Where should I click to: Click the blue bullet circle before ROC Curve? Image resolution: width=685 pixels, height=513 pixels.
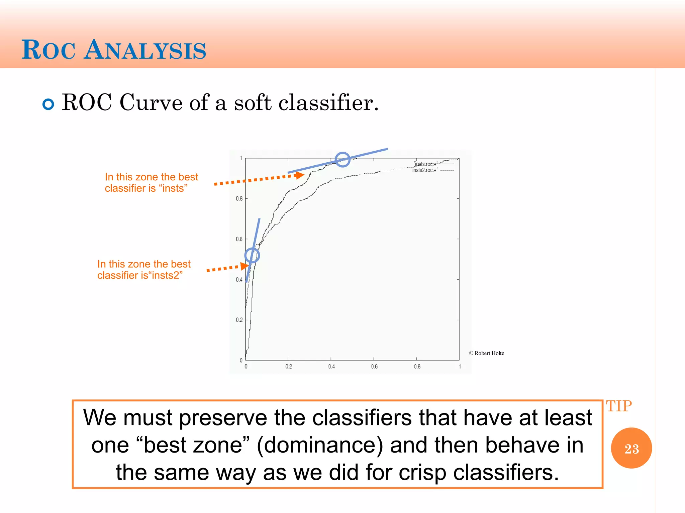(x=48, y=104)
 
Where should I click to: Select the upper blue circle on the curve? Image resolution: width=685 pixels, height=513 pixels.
(x=342, y=159)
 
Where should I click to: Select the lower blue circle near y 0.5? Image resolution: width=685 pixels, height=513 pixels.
(x=252, y=255)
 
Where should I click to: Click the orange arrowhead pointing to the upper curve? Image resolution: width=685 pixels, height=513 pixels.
(x=300, y=175)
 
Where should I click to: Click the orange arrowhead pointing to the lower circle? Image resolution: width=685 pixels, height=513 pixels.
(x=244, y=266)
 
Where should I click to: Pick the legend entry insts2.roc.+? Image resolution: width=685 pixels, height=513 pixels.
(x=424, y=170)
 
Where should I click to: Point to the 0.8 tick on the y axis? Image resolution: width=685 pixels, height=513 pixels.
(x=239, y=198)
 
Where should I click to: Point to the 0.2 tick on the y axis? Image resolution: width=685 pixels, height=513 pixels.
(x=239, y=320)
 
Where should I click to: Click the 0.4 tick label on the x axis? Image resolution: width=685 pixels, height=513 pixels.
(x=331, y=367)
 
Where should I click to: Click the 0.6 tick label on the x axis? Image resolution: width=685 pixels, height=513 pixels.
(x=374, y=367)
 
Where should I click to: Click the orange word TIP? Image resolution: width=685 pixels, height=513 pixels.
(x=619, y=406)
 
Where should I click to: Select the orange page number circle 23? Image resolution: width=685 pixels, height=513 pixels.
(x=631, y=448)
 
